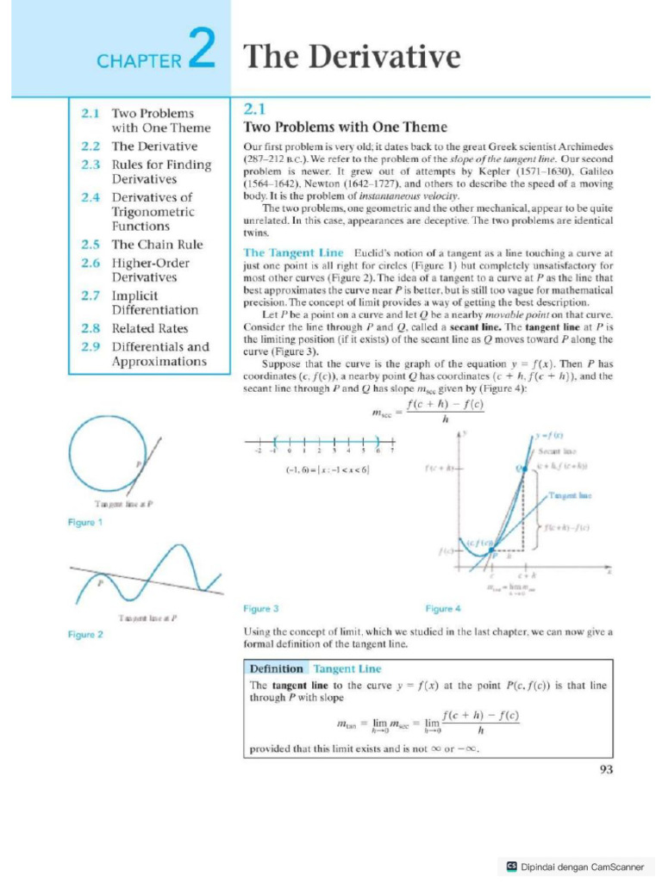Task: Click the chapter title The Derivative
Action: pyautogui.click(x=352, y=58)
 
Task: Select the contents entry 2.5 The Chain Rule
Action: pyautogui.click(x=147, y=245)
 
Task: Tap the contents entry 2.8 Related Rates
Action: pyautogui.click(x=138, y=328)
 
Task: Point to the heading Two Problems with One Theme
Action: pyautogui.click(x=346, y=127)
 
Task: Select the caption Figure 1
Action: pyautogui.click(x=85, y=523)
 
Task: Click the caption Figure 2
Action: pyautogui.click(x=85, y=635)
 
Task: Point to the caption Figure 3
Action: pyautogui.click(x=261, y=609)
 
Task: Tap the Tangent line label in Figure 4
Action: pyautogui.click(x=569, y=496)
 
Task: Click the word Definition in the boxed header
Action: pyautogui.click(x=276, y=668)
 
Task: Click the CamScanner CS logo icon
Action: pyautogui.click(x=512, y=866)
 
